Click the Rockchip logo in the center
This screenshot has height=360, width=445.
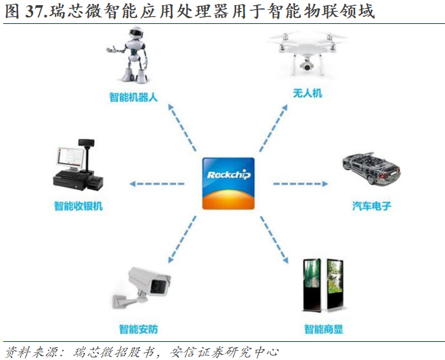point(228,183)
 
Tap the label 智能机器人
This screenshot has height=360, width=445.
point(133,98)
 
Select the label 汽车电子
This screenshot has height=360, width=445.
point(372,207)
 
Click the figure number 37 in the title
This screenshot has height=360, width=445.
point(35,11)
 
